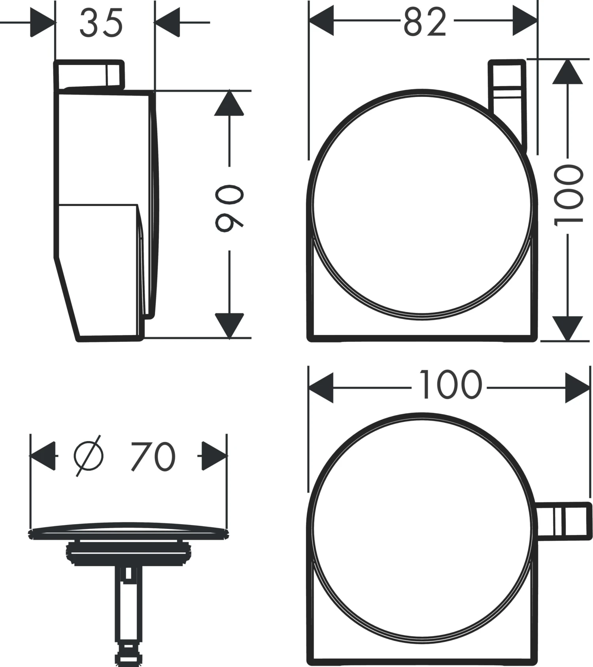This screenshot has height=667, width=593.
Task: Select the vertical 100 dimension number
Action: pyautogui.click(x=568, y=195)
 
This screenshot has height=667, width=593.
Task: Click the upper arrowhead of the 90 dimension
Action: pyautogui.click(x=229, y=103)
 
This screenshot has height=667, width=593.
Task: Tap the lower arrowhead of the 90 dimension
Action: pyautogui.click(x=229, y=326)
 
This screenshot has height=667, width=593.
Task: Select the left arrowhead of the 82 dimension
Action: pyautogui.click(x=321, y=21)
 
